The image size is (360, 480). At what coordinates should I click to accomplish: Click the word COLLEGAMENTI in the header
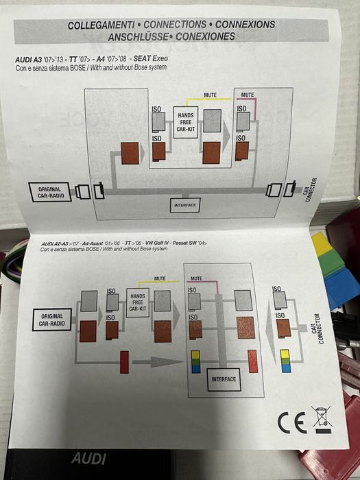101,25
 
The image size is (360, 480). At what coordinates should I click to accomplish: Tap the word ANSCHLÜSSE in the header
138,37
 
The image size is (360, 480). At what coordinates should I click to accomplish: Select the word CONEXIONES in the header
206,36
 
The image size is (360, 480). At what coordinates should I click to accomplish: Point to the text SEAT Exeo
151,58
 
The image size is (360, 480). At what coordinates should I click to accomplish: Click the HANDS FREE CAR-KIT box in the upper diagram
186,122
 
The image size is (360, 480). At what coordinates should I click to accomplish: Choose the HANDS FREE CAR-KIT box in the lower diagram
138,302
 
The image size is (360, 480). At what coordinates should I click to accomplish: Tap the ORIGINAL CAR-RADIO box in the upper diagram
50,192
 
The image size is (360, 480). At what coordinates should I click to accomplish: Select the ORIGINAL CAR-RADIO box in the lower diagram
52,320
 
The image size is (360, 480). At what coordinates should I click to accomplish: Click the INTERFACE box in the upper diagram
185,205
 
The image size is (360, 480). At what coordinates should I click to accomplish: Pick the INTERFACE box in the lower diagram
224,379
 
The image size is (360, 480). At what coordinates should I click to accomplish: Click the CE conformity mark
292,422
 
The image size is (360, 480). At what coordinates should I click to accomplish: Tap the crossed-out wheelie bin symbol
322,420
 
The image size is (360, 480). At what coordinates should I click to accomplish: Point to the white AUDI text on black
88,459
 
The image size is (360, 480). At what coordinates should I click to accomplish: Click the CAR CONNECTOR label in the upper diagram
310,190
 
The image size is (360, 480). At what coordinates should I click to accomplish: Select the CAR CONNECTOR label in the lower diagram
317,328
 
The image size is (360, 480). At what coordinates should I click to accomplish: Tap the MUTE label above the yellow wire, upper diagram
211,95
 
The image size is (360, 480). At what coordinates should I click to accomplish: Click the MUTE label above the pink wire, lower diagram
196,278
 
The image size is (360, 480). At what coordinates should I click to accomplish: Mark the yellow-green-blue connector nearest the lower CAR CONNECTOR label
286,361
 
